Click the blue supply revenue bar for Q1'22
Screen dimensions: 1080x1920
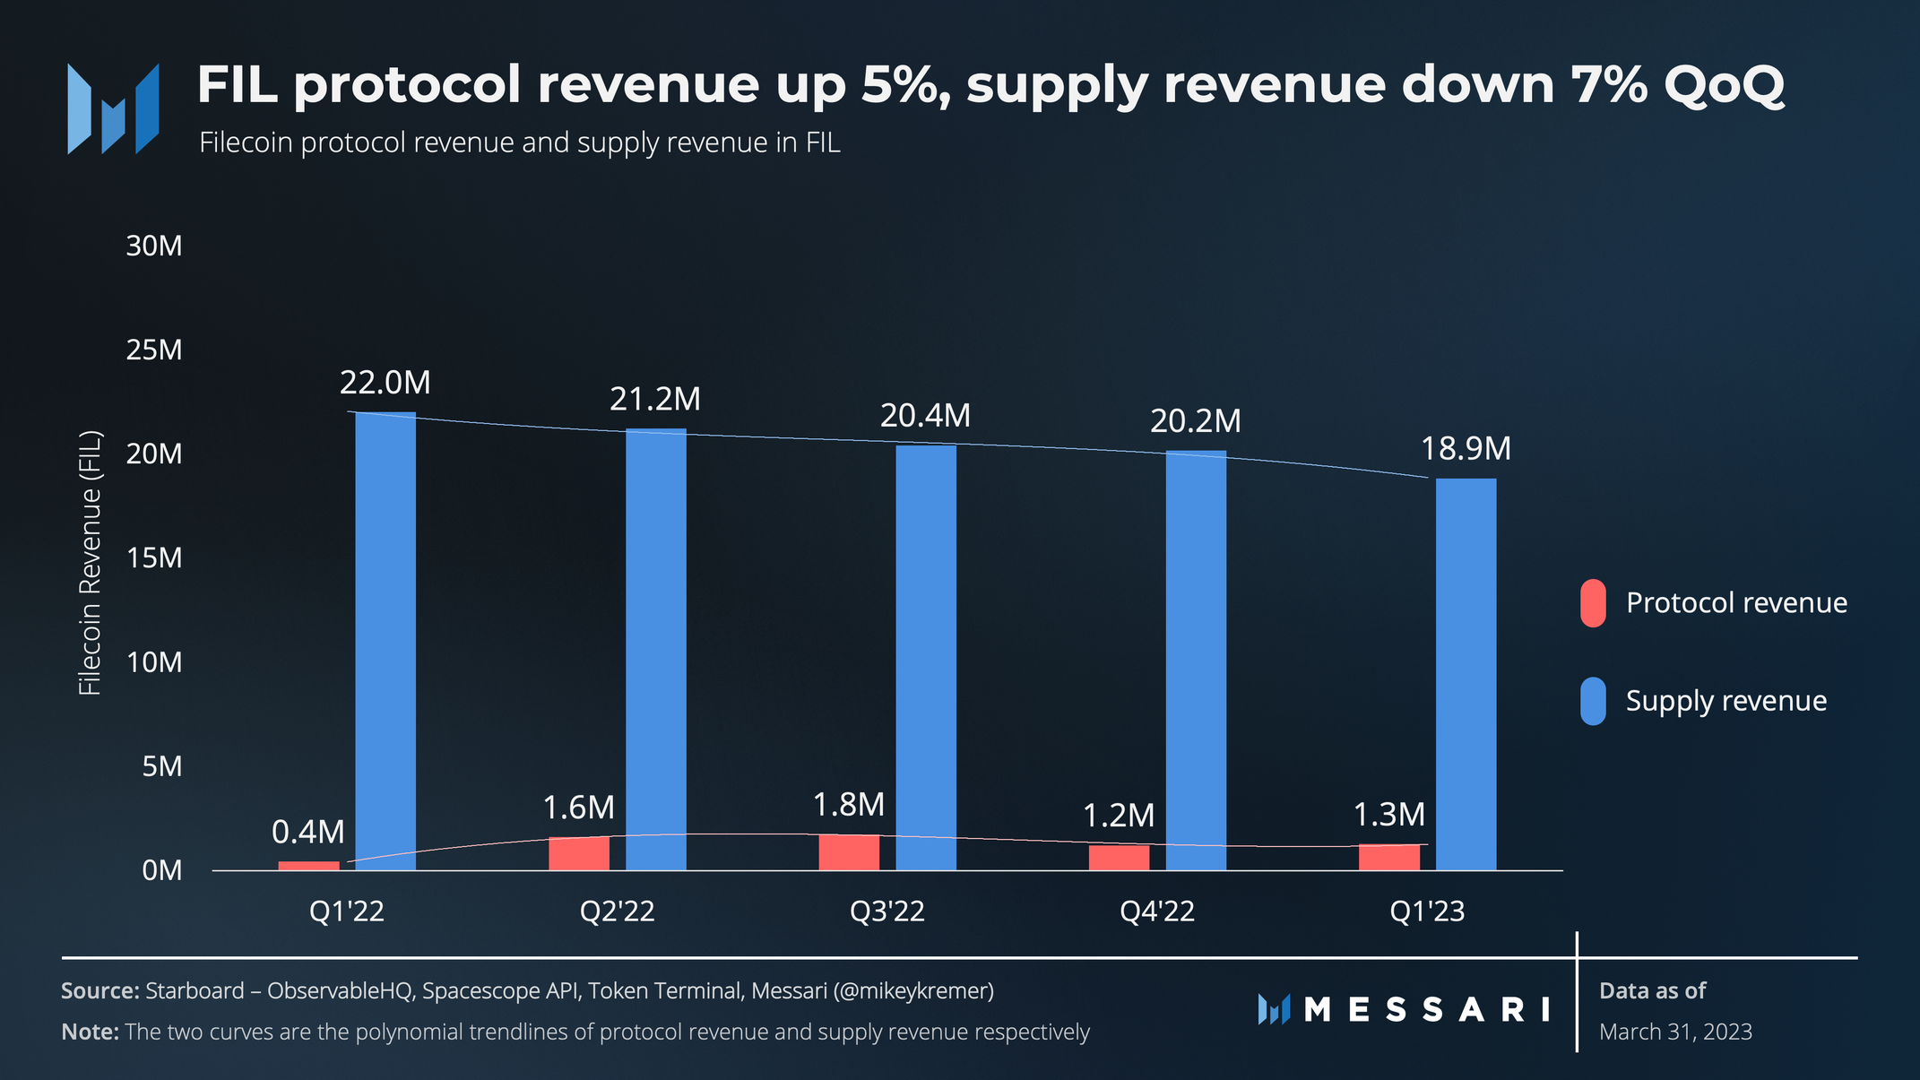[385, 641]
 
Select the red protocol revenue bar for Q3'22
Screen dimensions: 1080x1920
[849, 852]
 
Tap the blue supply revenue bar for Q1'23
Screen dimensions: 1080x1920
[1466, 674]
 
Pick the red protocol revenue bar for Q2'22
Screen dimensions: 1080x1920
[579, 853]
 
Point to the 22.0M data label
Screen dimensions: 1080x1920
[385, 383]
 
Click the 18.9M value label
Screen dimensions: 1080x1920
[1466, 448]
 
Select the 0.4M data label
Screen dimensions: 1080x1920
[308, 832]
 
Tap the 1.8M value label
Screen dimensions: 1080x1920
[849, 805]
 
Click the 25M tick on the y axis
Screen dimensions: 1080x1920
[154, 350]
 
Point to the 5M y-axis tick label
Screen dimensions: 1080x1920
[162, 766]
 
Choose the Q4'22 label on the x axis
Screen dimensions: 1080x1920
[1157, 912]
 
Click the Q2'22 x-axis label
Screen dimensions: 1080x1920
[618, 912]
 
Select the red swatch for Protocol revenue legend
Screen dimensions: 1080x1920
[1593, 603]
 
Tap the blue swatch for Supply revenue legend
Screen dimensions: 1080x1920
[1593, 701]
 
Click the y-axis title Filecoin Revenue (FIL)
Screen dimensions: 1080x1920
[91, 563]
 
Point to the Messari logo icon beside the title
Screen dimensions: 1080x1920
[113, 108]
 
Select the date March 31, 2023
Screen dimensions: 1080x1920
[1675, 1032]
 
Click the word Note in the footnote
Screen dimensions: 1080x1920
[90, 1032]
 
